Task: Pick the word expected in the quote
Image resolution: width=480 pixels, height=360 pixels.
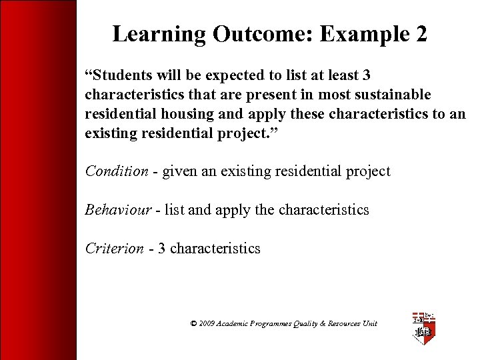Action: [207, 76]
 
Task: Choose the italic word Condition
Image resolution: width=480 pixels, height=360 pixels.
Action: [116, 171]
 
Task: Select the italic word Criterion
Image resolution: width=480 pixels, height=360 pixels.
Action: [114, 249]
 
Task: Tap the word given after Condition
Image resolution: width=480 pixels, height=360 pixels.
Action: [179, 171]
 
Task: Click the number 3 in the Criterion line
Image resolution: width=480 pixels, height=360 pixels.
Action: [162, 249]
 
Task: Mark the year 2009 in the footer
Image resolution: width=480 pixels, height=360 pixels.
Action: [207, 323]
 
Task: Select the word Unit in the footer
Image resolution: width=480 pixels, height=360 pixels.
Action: [369, 323]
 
